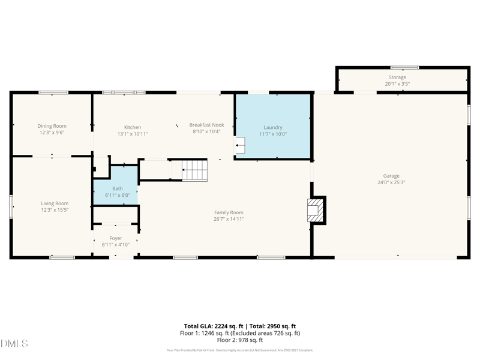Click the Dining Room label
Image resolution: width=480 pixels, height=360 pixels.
click(x=52, y=126)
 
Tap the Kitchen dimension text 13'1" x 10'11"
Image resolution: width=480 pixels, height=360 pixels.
click(x=133, y=134)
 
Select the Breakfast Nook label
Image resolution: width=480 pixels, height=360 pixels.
click(x=206, y=125)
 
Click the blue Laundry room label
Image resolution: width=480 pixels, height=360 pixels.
click(x=273, y=127)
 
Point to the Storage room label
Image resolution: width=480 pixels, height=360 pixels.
click(x=397, y=77)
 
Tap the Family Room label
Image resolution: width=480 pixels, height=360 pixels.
click(x=229, y=212)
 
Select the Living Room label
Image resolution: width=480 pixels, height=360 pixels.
click(x=55, y=203)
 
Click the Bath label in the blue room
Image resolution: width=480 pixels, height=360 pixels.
click(x=117, y=188)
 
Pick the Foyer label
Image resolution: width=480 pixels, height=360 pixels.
click(x=115, y=238)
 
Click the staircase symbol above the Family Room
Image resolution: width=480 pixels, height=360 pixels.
click(x=194, y=170)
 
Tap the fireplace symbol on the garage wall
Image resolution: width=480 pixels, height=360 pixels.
click(x=314, y=209)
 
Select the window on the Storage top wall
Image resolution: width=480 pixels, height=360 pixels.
click(x=404, y=67)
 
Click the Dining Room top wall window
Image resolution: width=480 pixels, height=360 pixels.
click(x=53, y=92)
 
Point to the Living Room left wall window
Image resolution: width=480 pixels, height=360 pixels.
click(x=11, y=207)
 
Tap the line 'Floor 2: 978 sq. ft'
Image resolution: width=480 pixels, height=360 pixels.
click(x=240, y=340)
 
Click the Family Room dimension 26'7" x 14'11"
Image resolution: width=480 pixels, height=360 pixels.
click(x=229, y=219)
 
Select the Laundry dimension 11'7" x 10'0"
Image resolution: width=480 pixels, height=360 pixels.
click(x=273, y=134)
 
